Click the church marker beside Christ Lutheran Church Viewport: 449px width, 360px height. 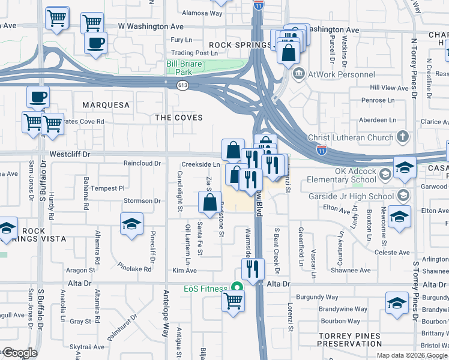point(402,137)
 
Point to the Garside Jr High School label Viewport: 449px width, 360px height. point(359,196)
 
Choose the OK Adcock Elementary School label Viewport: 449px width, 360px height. point(342,175)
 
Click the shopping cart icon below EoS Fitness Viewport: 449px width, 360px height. point(233,300)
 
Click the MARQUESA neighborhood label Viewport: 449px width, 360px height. point(106,105)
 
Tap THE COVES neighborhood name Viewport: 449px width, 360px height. point(179,118)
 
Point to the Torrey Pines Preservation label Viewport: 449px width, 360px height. point(341,340)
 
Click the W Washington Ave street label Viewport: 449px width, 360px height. point(151,27)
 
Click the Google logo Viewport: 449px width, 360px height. point(19,353)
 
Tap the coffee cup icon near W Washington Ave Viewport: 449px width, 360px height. point(95,43)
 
